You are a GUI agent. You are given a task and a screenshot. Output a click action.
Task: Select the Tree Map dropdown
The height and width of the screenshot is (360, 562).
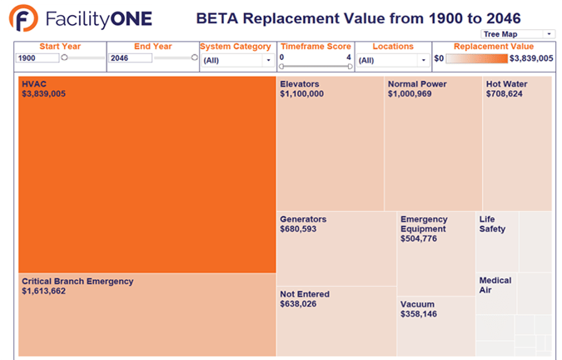pyautogui.click(x=517, y=33)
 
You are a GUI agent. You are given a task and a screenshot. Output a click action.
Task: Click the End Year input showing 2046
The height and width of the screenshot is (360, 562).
pyautogui.click(x=130, y=58)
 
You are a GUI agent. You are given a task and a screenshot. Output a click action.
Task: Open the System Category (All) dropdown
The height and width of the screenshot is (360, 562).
pyautogui.click(x=237, y=60)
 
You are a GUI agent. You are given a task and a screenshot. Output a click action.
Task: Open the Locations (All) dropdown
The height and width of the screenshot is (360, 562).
pyautogui.click(x=392, y=60)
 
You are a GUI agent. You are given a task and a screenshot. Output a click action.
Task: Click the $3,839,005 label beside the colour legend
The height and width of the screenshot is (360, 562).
pyautogui.click(x=531, y=58)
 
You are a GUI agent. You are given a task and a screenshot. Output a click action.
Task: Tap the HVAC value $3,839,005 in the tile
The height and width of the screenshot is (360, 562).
pyautogui.click(x=44, y=94)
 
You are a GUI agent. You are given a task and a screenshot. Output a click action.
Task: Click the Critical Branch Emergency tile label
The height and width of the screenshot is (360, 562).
pyautogui.click(x=77, y=282)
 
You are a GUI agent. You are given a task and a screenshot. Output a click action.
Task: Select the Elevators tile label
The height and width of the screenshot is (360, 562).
pyautogui.click(x=300, y=84)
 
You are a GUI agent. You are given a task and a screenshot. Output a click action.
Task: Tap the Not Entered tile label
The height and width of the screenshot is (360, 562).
pyautogui.click(x=305, y=294)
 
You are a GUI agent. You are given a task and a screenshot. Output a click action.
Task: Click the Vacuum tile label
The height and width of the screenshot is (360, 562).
pyautogui.click(x=418, y=305)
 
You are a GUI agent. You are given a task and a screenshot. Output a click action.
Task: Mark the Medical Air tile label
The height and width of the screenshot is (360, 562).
pyautogui.click(x=495, y=285)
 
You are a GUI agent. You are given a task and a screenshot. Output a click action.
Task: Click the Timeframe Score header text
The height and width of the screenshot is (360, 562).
pyautogui.click(x=315, y=47)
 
